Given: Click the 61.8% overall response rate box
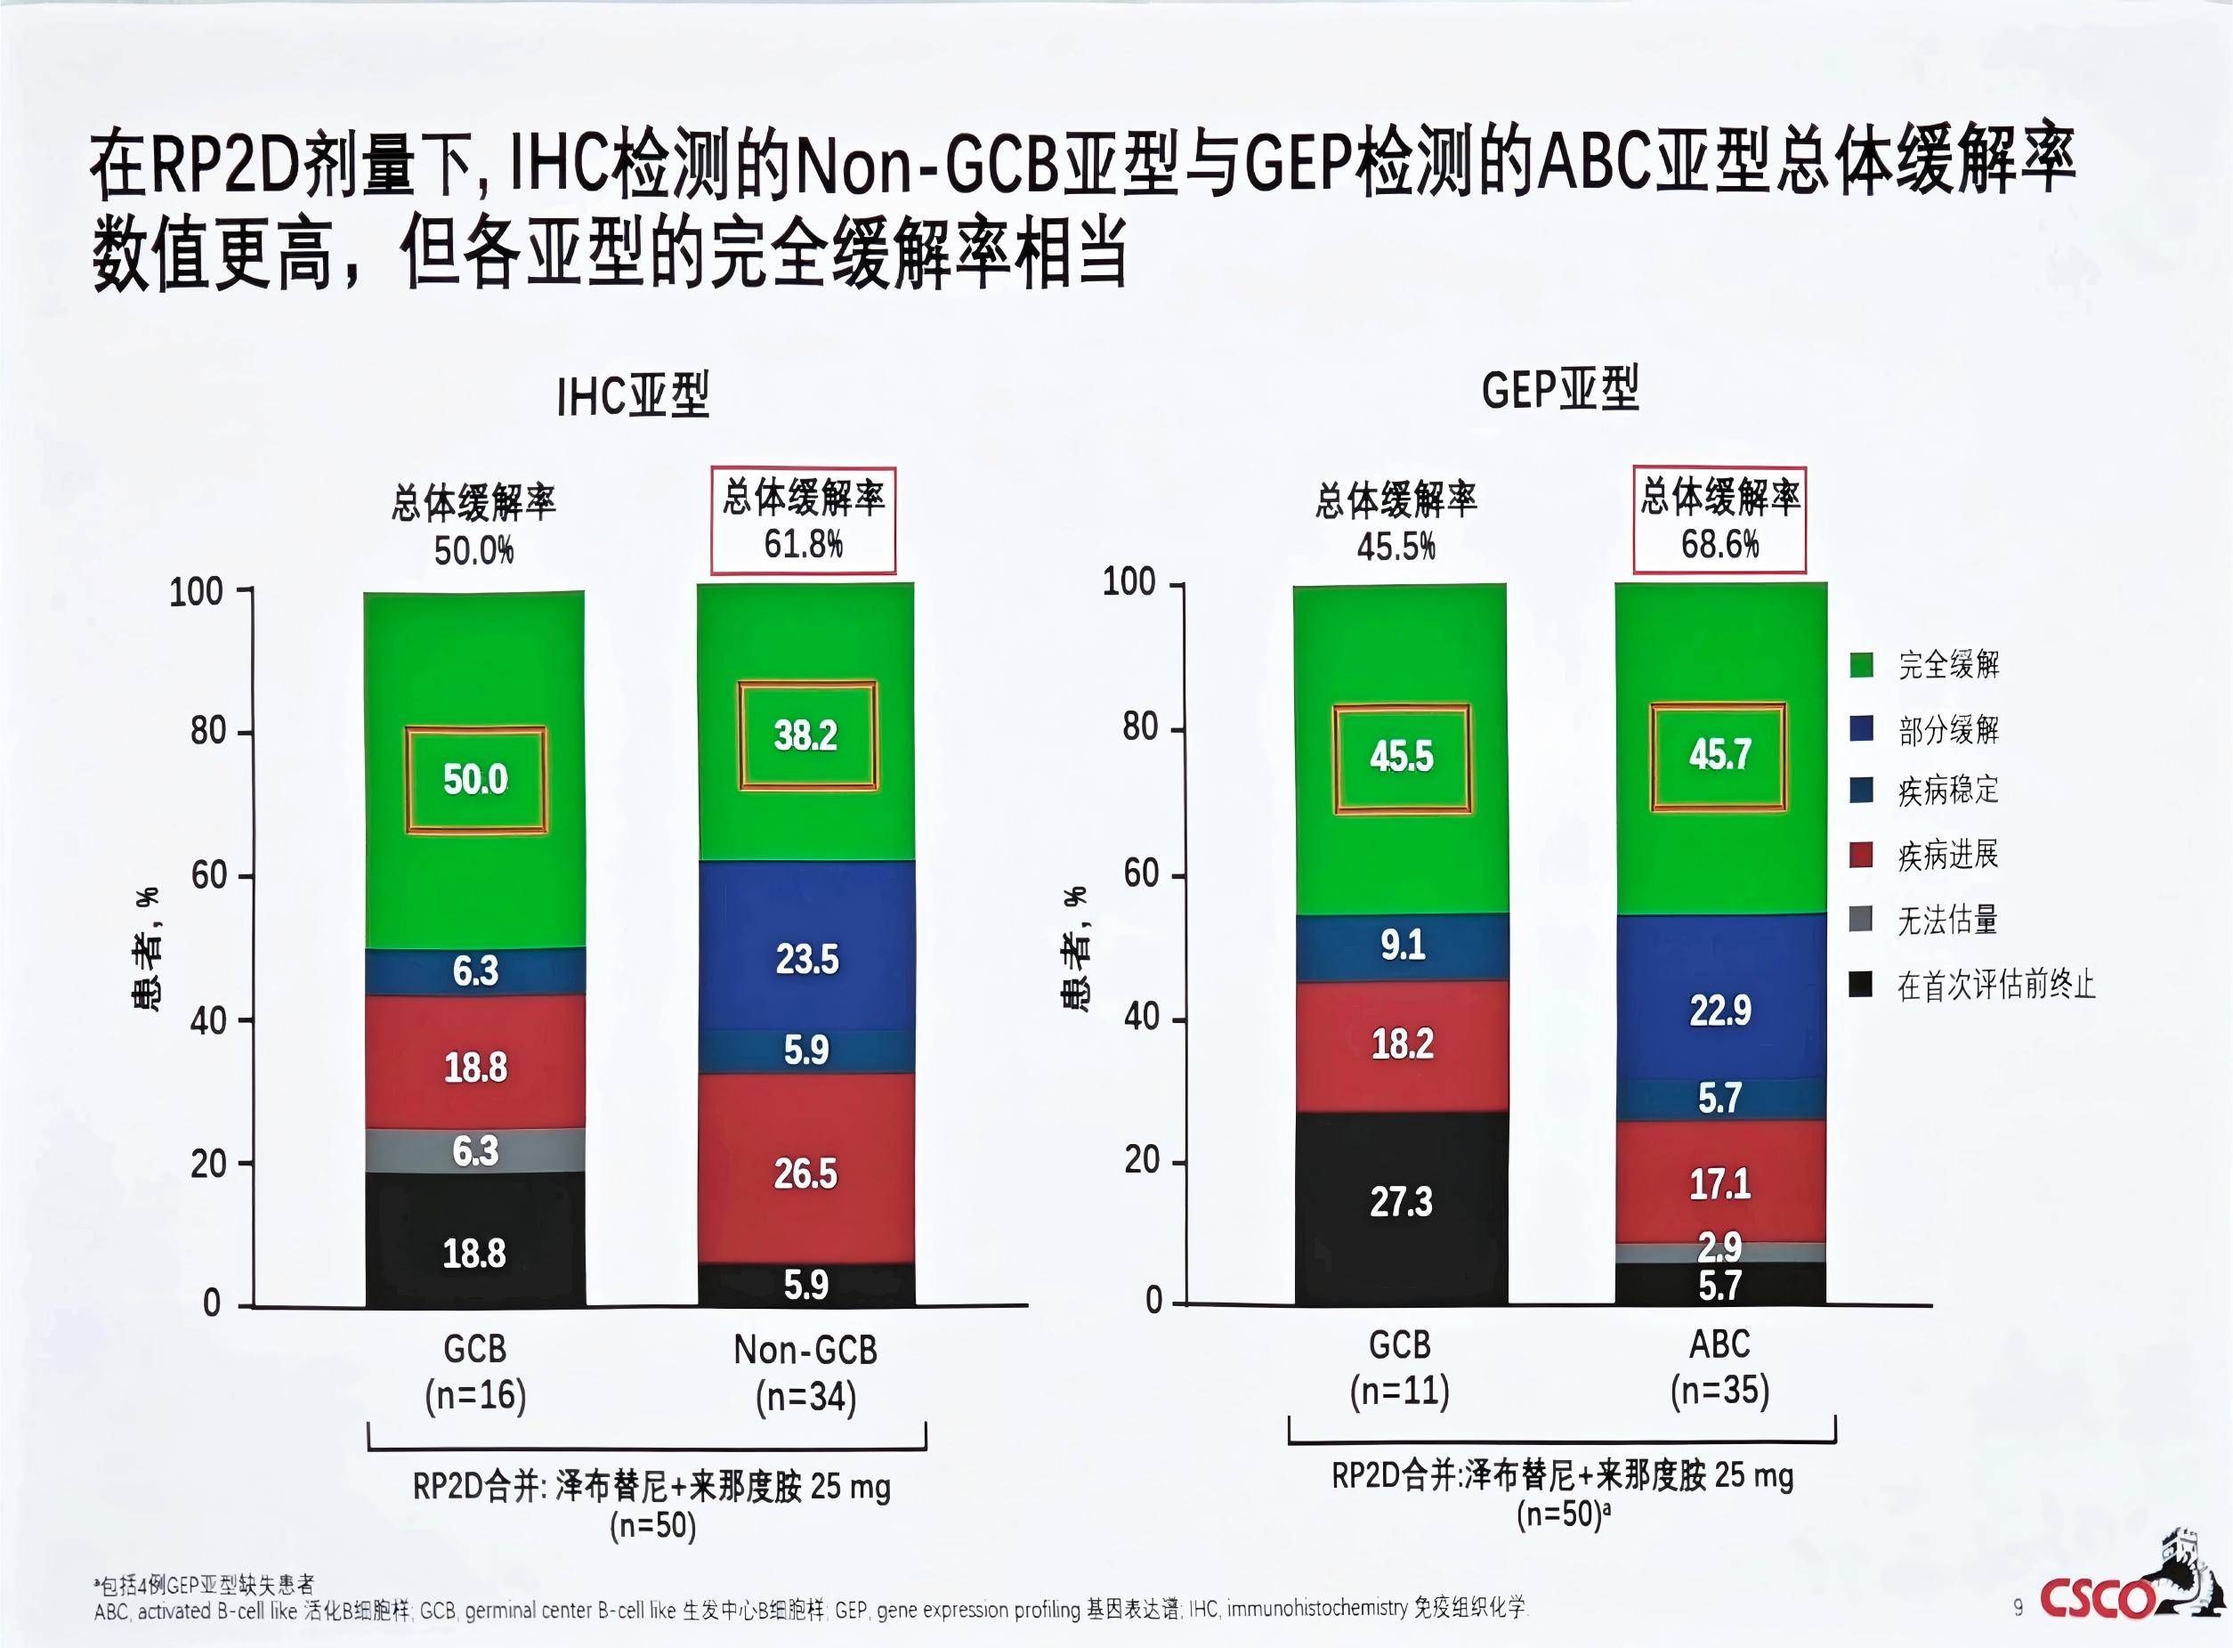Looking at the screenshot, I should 803,520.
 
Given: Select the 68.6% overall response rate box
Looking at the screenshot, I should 1719,520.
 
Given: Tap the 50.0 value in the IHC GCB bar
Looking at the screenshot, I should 474,779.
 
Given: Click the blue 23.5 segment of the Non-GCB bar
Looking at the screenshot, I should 805,960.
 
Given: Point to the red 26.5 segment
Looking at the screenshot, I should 805,1174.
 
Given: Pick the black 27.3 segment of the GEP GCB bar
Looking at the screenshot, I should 1400,1203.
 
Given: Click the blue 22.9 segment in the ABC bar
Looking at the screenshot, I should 1719,1011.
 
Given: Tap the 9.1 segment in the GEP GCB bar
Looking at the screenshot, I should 1401,945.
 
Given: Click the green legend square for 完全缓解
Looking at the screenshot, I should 1861,665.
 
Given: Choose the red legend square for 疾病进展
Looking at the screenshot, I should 1861,855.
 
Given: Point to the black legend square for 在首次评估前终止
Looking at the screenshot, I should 1861,986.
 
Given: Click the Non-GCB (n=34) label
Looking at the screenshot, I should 805,1373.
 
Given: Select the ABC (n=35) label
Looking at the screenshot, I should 1719,1367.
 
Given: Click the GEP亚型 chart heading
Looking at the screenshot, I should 1560,389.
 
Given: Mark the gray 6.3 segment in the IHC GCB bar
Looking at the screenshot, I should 474,1151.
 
